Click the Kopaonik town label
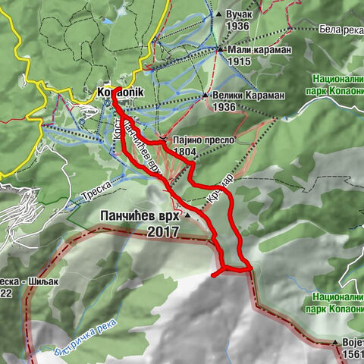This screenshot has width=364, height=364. (x=115, y=93)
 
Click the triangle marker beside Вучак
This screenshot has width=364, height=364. (x=220, y=14)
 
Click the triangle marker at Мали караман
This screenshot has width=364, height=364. (x=221, y=50)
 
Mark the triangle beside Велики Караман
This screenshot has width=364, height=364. (x=205, y=96)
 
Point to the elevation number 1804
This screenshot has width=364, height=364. (x=185, y=152)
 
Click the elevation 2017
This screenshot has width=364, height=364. (x=162, y=232)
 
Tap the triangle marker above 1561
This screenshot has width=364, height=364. (x=334, y=344)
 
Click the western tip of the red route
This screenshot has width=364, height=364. (x=214, y=274)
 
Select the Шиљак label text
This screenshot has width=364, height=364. (x=34, y=280)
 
